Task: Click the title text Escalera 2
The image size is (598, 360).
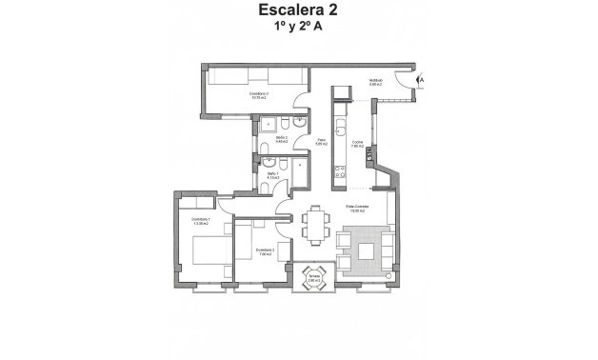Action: tap(298, 11)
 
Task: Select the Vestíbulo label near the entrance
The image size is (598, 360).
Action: tap(376, 83)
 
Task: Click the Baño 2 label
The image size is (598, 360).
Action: tap(283, 139)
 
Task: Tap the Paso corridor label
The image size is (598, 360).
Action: tap(323, 143)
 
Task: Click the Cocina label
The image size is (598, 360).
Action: tap(359, 144)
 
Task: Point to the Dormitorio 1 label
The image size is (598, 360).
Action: tap(200, 221)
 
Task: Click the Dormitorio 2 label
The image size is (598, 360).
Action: tap(265, 251)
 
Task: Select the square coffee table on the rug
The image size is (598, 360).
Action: tap(366, 251)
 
